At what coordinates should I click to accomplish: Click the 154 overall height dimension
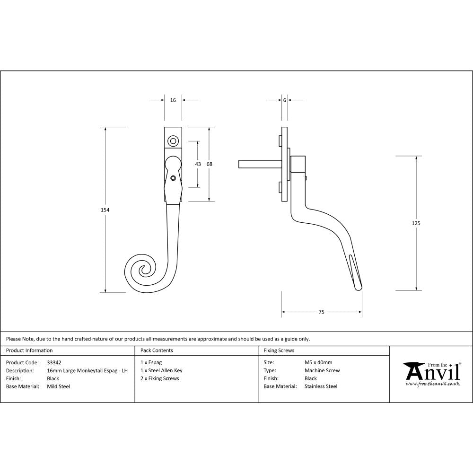[105, 210]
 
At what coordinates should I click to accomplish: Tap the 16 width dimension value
[173, 100]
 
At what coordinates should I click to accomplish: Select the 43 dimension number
[198, 164]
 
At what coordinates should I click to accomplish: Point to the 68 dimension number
[210, 164]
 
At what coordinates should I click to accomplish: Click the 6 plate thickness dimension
[284, 100]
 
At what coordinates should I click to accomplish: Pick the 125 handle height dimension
[416, 223]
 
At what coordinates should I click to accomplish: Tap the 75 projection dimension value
[321, 312]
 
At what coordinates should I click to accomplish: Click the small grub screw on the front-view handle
[174, 178]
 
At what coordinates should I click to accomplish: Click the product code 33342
[54, 363]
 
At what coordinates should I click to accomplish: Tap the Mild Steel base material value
[59, 386]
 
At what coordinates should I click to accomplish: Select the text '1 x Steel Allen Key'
[161, 371]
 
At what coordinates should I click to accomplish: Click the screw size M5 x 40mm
[318, 363]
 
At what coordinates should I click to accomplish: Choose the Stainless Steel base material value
[321, 386]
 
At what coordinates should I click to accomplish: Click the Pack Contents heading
[157, 350]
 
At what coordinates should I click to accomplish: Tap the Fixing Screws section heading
[279, 350]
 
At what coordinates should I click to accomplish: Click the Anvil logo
[431, 373]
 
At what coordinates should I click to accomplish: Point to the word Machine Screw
[322, 371]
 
